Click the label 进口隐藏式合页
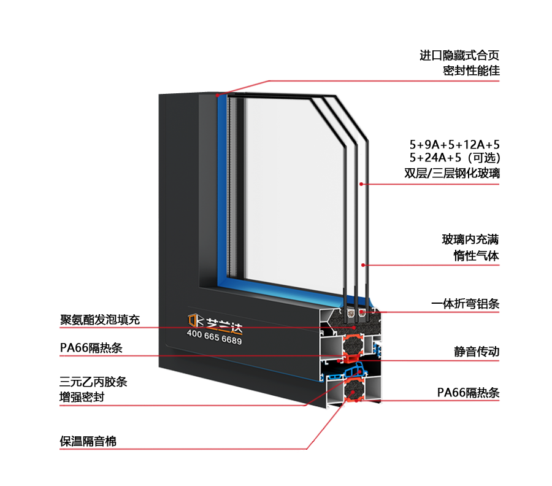459,55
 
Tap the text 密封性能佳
471,71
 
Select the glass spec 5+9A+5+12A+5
454,145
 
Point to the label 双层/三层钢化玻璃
452,173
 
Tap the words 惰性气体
477,255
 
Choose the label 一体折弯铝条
465,303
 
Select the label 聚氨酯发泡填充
100,319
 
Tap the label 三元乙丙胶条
93,382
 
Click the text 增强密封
82,397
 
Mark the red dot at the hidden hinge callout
217,95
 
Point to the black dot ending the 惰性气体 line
364,265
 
